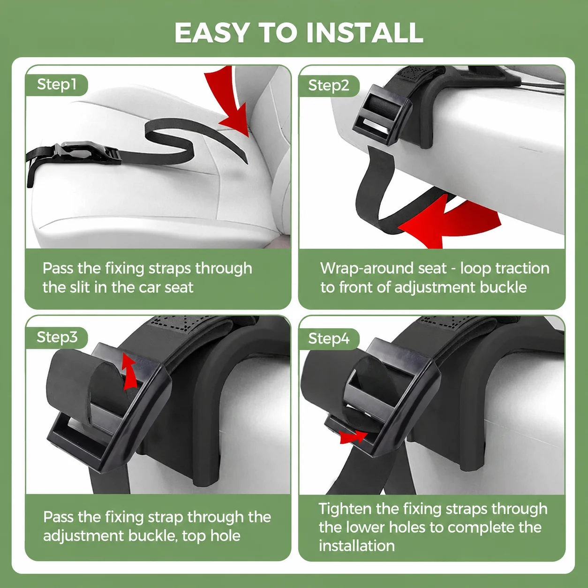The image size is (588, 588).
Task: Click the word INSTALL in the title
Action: [364, 33]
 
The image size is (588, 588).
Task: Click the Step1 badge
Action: [56, 84]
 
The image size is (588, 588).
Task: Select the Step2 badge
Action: [329, 85]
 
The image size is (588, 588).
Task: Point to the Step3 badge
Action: [57, 338]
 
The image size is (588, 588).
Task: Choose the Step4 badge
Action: [329, 339]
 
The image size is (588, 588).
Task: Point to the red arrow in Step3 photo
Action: [129, 371]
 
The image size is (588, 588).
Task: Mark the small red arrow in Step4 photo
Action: [354, 437]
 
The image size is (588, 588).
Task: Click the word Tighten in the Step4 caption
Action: [345, 509]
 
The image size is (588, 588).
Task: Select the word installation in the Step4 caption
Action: [357, 546]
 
